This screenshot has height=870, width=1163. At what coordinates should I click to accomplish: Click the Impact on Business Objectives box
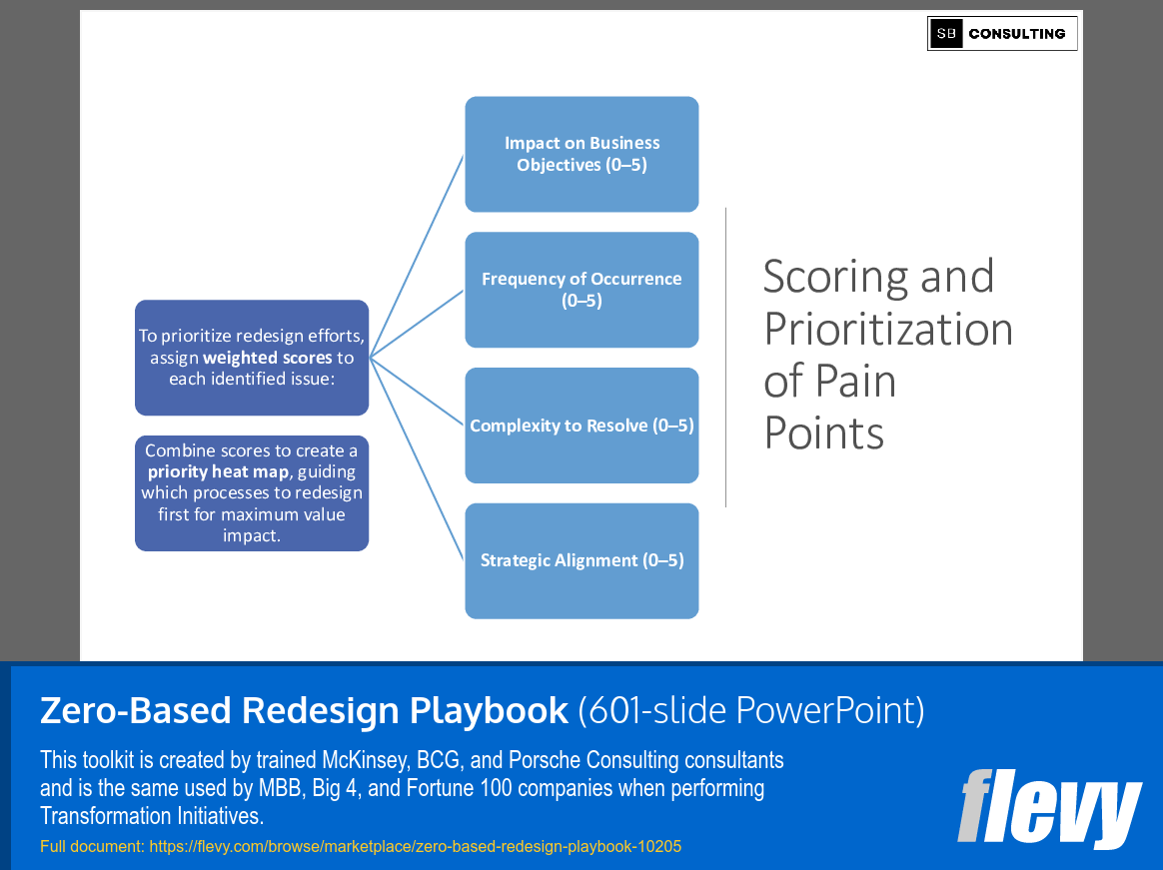[x=581, y=154]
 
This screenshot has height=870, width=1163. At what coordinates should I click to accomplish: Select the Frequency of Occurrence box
[x=581, y=290]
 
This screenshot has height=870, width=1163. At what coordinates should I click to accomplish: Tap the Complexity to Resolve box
[x=581, y=426]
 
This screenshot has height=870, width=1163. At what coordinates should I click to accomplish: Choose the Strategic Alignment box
[x=581, y=560]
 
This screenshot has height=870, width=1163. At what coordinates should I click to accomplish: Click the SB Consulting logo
[x=1002, y=34]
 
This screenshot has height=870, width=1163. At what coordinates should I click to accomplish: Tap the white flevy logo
[x=1049, y=807]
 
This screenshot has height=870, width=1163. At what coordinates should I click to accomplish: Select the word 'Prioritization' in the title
[x=888, y=329]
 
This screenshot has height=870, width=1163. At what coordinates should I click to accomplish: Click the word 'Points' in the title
[x=824, y=434]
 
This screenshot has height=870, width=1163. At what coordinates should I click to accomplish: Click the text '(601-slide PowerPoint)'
[x=751, y=710]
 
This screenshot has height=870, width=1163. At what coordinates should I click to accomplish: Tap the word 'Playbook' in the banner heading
[x=489, y=710]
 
